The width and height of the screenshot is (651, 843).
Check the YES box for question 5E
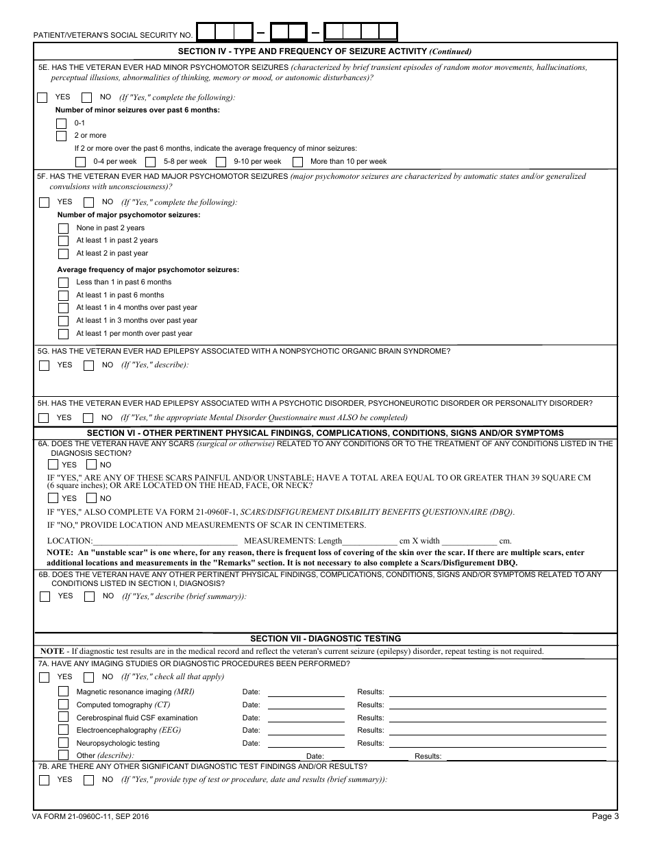coord(42,98)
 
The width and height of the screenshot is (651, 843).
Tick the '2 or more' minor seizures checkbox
coord(62,136)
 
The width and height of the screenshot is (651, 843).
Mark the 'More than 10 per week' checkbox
coord(297,162)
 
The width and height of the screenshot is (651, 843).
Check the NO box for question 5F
coord(88,203)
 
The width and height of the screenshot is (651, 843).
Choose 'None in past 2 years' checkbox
coord(63,228)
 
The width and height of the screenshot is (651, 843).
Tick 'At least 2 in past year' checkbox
coord(63,254)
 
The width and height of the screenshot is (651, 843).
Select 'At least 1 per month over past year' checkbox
coord(63,334)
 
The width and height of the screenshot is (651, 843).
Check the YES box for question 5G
coord(45,366)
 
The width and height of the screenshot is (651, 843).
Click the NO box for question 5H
coord(88,418)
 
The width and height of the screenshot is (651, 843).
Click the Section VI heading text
coord(325,433)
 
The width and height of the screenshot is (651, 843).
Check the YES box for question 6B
coord(45,597)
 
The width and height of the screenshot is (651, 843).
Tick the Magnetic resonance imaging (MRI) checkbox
coord(63,692)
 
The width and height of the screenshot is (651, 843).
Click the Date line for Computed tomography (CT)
coord(306,705)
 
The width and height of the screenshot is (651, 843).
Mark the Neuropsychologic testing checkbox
coord(63,743)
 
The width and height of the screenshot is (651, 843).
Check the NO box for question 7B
coord(88,780)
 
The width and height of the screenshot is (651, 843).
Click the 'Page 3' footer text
coord(605,816)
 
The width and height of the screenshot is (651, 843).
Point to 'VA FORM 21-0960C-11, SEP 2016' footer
coord(90,816)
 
